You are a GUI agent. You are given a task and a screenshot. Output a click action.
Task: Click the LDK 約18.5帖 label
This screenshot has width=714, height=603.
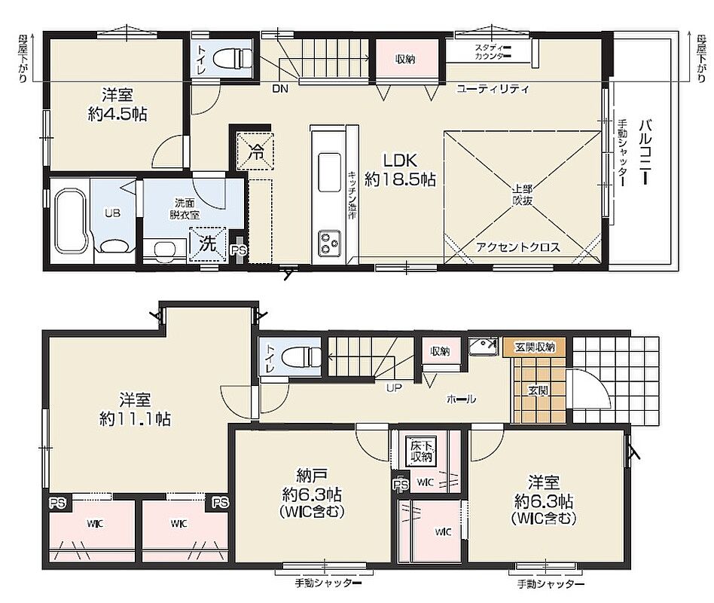pos(400,170)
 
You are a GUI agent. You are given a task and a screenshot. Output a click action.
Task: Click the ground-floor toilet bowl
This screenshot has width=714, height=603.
pos(301,356)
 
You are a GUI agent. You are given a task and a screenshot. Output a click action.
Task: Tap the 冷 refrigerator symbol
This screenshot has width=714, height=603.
pos(255,152)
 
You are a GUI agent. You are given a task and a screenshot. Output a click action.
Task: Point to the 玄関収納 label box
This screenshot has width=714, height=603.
pos(535,347)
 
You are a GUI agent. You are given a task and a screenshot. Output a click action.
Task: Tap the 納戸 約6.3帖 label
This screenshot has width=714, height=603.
pos(312,494)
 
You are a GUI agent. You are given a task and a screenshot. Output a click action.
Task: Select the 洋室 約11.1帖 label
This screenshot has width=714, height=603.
pos(136,409)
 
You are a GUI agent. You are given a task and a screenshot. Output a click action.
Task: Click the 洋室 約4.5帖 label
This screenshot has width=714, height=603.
pos(117,105)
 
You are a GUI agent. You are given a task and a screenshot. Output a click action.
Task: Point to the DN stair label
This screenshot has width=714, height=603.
pos(280,89)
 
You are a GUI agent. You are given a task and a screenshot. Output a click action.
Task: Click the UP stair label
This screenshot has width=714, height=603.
pos(394,388)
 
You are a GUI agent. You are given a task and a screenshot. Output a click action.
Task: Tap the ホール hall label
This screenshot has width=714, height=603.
pos(461,399)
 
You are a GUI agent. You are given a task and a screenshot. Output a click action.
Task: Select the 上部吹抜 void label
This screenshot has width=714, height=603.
pos(522,194)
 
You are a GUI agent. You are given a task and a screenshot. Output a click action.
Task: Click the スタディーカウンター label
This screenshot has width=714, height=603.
pos(492,51)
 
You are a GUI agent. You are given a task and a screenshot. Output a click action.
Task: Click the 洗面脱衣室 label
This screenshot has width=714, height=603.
pos(185,209)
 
